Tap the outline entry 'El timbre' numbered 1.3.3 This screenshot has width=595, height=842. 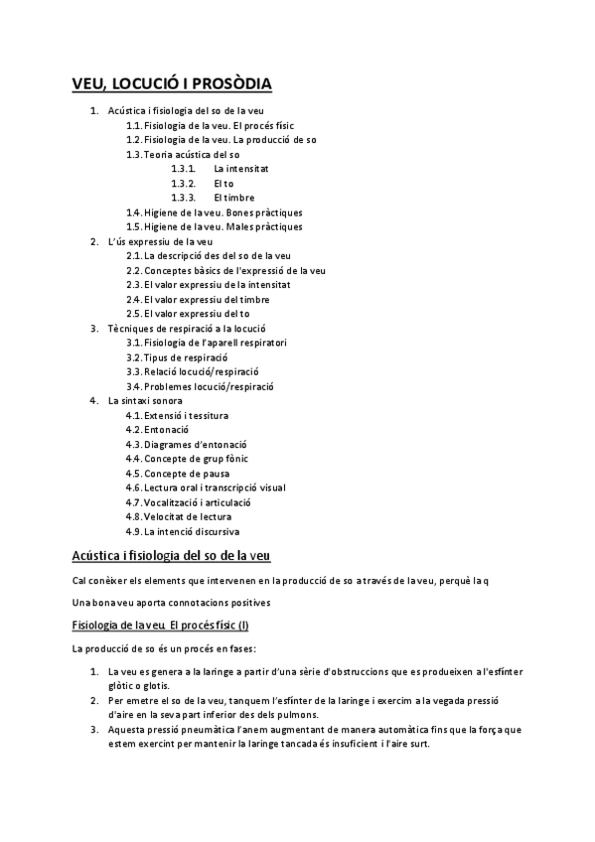[233, 198]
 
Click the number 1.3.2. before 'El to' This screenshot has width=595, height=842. [183, 184]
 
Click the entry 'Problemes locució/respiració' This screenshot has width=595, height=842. [209, 385]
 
